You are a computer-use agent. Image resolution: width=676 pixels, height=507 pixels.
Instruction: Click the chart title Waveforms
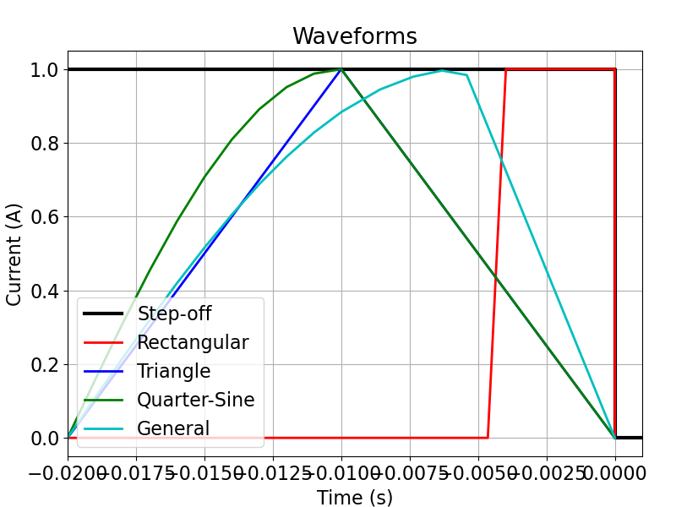355,36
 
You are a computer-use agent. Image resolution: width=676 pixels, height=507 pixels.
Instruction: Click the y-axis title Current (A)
14,254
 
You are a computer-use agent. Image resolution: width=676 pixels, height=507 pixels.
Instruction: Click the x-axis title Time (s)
355,498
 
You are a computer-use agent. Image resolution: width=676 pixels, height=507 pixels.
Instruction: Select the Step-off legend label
174,314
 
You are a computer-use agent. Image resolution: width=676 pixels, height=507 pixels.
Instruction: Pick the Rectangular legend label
193,342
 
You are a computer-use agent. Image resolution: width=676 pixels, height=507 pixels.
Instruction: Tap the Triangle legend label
174,371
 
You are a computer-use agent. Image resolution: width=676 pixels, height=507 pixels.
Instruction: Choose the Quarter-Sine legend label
196,400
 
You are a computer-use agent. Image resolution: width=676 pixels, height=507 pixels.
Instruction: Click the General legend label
173,428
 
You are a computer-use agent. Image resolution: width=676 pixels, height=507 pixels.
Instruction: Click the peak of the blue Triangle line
341,69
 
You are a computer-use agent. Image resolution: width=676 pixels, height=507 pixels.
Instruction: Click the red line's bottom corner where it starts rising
488,438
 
